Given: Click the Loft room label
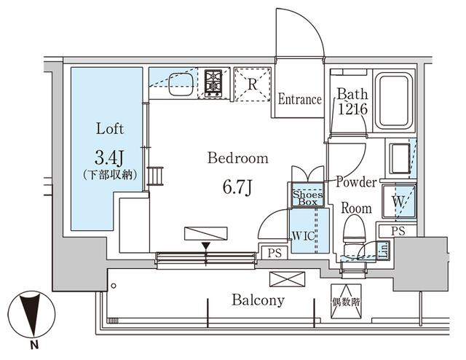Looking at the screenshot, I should [109, 129].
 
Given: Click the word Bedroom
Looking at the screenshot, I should [237, 158].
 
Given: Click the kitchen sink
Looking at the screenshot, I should [178, 87].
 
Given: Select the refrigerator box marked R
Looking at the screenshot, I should [252, 84].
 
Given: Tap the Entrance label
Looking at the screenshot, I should [299, 100].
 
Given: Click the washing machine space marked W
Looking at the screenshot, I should [398, 200].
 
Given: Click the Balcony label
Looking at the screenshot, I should [258, 300].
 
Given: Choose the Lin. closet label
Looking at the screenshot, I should [382, 249].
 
